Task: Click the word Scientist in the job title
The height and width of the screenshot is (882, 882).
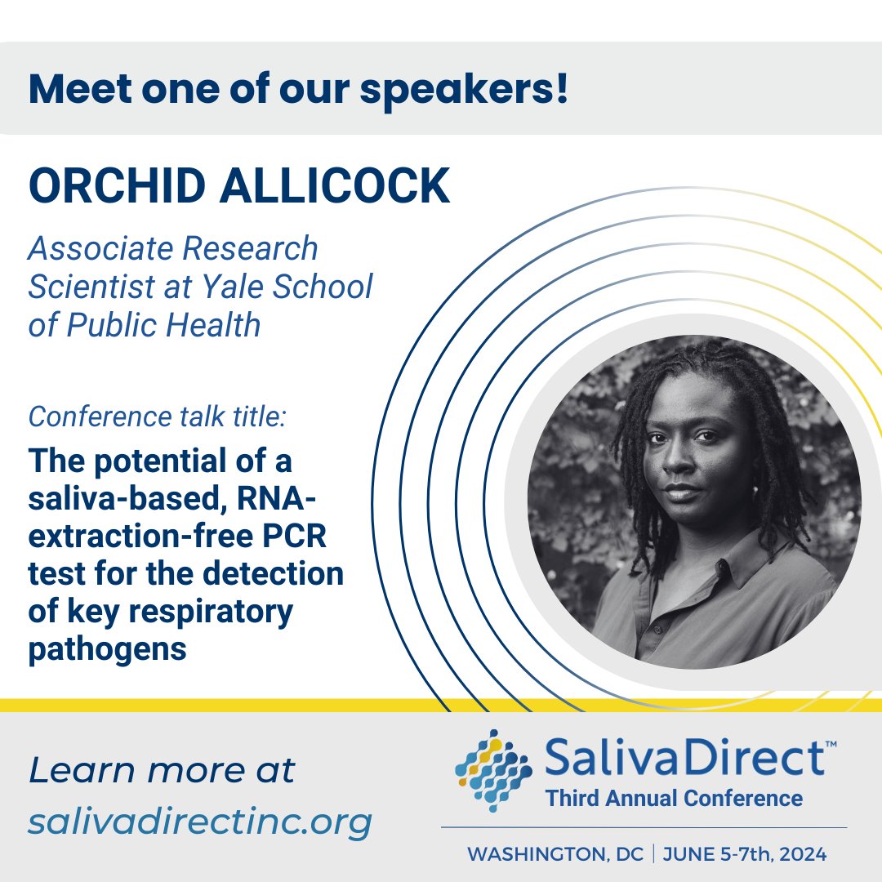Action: [x=93, y=287]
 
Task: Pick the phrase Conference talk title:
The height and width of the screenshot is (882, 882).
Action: [x=158, y=417]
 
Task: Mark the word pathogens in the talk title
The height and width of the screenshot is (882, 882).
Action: [x=107, y=650]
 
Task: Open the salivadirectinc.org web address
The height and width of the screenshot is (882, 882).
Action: [x=200, y=822]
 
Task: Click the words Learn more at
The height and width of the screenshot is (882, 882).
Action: [x=162, y=771]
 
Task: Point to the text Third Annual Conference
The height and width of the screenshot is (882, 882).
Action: [x=674, y=798]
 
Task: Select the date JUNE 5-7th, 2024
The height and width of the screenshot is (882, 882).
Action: [x=745, y=855]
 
